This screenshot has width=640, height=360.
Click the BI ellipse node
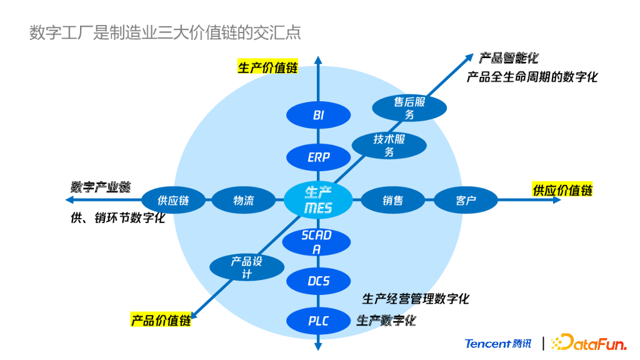318,115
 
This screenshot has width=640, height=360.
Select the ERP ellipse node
318,157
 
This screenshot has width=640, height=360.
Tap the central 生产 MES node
318,199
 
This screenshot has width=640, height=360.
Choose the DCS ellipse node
318,281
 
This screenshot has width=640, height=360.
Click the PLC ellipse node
318,321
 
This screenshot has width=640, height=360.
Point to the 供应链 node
173,201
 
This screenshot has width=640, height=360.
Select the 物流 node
244,201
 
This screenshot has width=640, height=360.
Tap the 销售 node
393,201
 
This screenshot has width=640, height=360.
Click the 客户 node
466,201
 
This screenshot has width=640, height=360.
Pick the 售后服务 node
409,108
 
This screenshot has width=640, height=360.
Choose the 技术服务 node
389,145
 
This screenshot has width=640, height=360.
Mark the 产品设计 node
246,267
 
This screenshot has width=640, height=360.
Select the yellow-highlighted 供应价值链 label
562,190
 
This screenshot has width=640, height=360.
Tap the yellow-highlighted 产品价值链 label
161,321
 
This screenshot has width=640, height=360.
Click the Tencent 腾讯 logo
498,343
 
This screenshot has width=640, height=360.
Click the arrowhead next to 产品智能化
470,57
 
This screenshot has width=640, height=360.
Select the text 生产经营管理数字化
416,298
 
